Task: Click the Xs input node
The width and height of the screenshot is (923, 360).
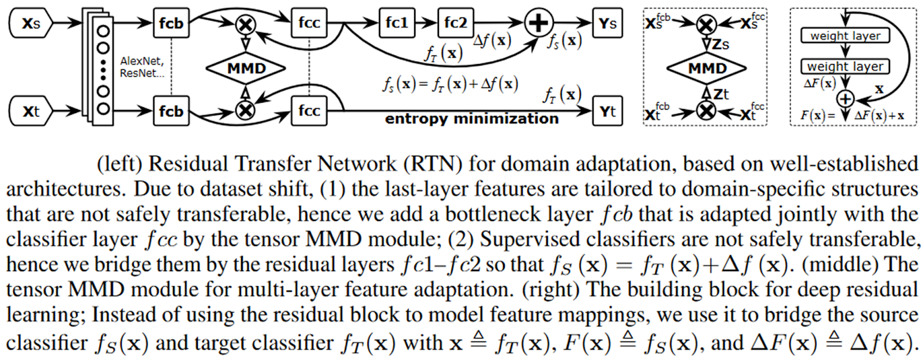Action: point(31,24)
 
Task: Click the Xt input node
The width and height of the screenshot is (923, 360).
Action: point(31,111)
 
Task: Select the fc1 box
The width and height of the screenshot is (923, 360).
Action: point(397,23)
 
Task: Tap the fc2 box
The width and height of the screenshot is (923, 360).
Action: point(456,23)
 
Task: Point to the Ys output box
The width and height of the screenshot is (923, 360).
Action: point(607,24)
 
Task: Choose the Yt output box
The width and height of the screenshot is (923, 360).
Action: point(607,111)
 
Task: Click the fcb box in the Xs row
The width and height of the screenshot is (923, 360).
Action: point(171,24)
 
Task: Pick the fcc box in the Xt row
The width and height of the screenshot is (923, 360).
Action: point(309,111)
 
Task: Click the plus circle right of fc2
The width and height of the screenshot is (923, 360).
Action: point(538,23)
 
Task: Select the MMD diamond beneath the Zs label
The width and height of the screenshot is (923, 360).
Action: point(707,69)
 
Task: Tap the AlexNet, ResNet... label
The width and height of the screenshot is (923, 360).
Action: point(142,67)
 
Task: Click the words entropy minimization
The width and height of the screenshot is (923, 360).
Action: point(472,119)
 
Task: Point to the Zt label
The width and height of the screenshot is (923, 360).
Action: point(721,93)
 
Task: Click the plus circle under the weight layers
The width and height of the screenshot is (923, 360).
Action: point(845,99)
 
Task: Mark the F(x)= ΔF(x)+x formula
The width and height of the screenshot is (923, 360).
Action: point(852,115)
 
